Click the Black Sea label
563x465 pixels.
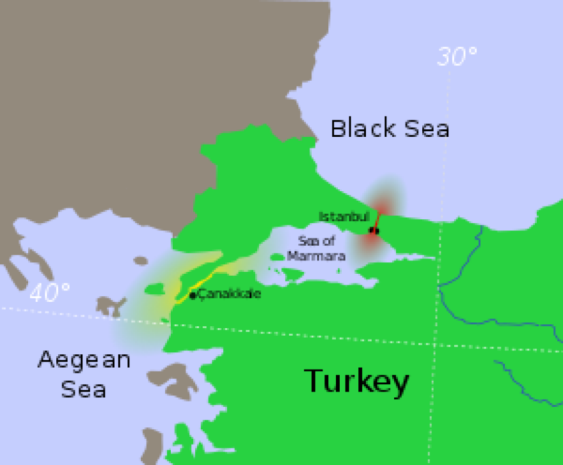390,129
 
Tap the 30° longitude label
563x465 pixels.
457,56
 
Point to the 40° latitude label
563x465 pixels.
50,292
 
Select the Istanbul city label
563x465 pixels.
344,216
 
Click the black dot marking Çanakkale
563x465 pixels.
193,296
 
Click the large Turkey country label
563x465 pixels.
356,382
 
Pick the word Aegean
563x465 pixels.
84,359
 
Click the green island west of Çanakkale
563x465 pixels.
155,289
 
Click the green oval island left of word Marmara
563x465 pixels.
276,257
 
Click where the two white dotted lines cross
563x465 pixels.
439,345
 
